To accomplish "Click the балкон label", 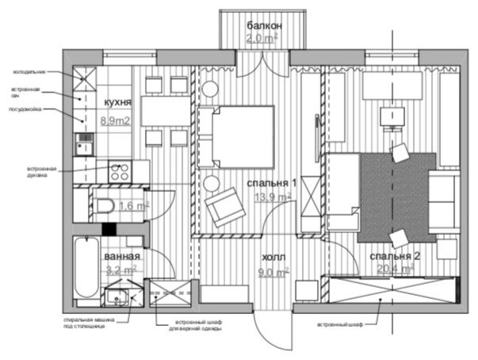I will [x=262, y=25].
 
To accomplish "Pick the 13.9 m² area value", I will [x=270, y=198].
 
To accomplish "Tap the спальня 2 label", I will [x=393, y=256].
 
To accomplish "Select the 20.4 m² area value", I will [x=396, y=269].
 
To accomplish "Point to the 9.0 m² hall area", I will [x=274, y=271].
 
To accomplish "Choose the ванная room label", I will [x=122, y=257].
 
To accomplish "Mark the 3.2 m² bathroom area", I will [x=122, y=270].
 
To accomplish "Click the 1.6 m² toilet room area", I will [x=132, y=207].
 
